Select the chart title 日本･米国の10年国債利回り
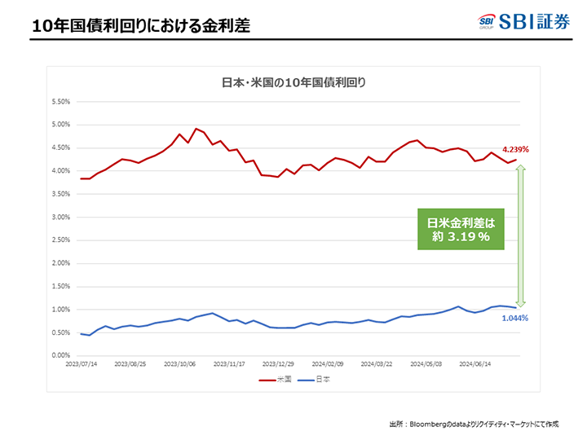(294, 82)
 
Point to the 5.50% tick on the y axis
(62, 102)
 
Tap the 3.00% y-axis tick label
(62, 218)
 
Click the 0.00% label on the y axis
(62, 356)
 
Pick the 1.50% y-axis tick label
(62, 287)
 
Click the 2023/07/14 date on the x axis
(82, 365)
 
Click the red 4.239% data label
(515, 150)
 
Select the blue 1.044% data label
(514, 318)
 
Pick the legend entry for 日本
(318, 380)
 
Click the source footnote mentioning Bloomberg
(472, 424)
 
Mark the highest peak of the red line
(196, 129)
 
